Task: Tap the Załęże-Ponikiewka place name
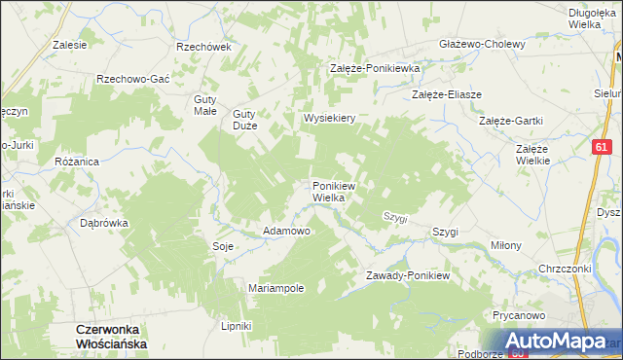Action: click(x=374, y=69)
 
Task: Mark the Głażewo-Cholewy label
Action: click(x=482, y=44)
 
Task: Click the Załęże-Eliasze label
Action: click(x=448, y=94)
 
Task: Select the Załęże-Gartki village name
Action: click(x=511, y=121)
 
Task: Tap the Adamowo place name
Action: click(x=287, y=232)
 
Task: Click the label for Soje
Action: click(x=223, y=246)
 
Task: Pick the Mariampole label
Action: click(x=277, y=289)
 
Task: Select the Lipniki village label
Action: click(x=237, y=325)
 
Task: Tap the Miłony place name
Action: click(x=506, y=245)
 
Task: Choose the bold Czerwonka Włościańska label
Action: click(x=110, y=337)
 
